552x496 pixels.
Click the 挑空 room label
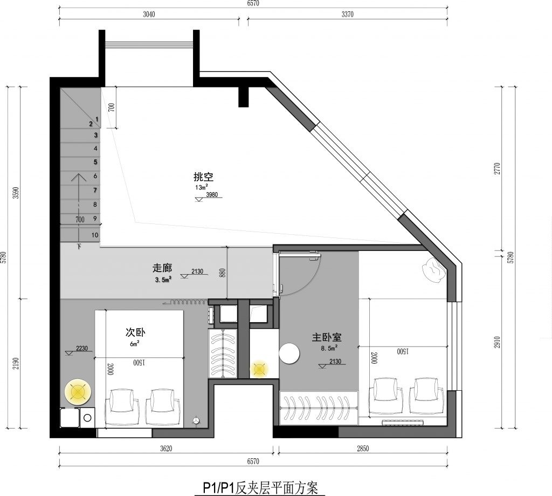click(x=203, y=176)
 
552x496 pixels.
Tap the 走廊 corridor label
click(x=162, y=268)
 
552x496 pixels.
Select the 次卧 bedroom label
click(x=135, y=332)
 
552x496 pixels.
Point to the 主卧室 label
click(x=327, y=337)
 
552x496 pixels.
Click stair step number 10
click(x=95, y=235)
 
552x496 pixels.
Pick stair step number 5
click(x=95, y=162)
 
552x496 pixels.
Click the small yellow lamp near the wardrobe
click(x=259, y=369)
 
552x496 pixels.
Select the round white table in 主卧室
click(x=289, y=353)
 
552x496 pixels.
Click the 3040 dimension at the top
click(x=149, y=15)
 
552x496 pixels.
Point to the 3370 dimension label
click(x=347, y=15)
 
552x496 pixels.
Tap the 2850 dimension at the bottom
click(x=363, y=449)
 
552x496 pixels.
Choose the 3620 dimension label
click(x=166, y=449)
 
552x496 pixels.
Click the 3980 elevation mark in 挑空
click(x=211, y=195)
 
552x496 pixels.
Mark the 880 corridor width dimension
click(x=222, y=273)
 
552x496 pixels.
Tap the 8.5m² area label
click(x=329, y=348)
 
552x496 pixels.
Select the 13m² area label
click(x=202, y=187)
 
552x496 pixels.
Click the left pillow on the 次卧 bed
click(x=122, y=401)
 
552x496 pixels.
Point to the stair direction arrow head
click(x=79, y=178)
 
